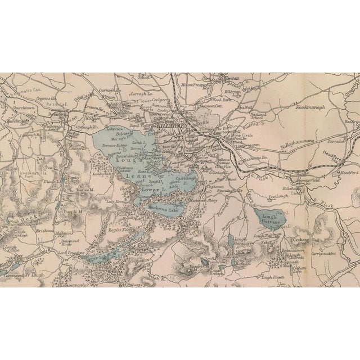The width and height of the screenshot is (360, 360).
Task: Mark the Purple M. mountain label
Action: tap(73, 211)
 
